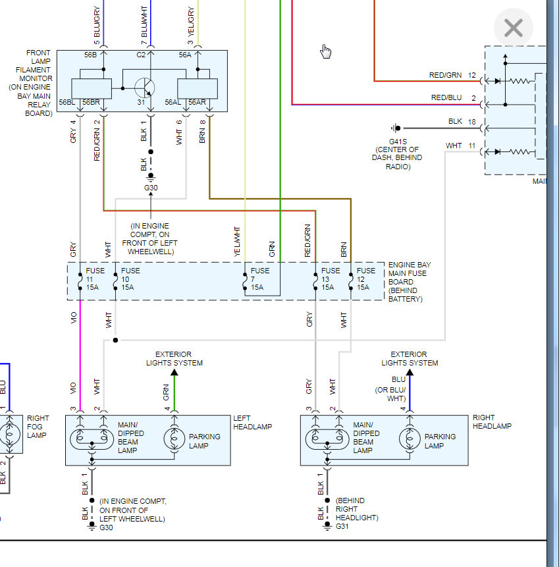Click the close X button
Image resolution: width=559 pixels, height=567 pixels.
tap(513, 28)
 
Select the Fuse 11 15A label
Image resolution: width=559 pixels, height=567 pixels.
tap(93, 279)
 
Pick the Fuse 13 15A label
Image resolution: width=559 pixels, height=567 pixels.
tap(331, 279)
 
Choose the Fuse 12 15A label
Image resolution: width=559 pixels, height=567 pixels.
tap(366, 279)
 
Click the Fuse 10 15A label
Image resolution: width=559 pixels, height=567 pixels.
tap(130, 279)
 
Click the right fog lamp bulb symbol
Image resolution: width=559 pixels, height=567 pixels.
tap(9, 434)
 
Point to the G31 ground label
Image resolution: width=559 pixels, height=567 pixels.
tap(342, 526)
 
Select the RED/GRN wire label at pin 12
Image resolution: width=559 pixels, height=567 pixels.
tap(446, 76)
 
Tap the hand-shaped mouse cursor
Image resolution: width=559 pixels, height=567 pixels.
tap(326, 51)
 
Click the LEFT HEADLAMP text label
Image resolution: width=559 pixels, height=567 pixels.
tap(252, 422)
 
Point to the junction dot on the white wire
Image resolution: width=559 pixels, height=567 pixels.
tap(115, 340)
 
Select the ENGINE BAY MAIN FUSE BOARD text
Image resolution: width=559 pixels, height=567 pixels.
tap(408, 277)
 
